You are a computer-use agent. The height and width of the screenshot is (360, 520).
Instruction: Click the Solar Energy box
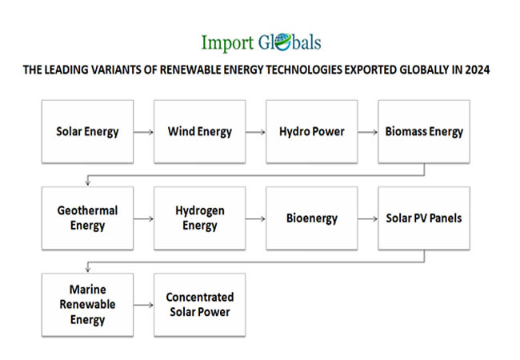click(x=87, y=132)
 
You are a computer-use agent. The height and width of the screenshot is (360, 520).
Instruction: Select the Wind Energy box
click(x=200, y=132)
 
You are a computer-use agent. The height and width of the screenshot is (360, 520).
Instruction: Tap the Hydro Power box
click(x=312, y=132)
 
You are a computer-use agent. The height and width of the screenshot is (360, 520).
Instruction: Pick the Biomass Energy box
click(x=424, y=132)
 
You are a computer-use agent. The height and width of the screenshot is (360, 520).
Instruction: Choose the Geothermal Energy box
click(x=87, y=218)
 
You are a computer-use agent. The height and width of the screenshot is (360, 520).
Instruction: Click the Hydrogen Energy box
click(x=200, y=218)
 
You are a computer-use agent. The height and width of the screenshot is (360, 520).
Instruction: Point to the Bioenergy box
click(x=312, y=218)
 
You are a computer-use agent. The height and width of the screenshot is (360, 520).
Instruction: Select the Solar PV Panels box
click(x=424, y=218)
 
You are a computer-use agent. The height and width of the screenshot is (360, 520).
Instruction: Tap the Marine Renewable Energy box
click(x=87, y=305)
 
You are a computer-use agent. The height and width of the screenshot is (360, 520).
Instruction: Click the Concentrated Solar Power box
click(x=200, y=305)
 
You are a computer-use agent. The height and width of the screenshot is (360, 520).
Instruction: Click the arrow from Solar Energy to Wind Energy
click(x=143, y=132)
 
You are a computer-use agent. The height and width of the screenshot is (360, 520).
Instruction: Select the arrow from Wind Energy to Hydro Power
click(x=256, y=132)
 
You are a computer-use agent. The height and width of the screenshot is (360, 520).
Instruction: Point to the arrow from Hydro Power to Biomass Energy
click(x=368, y=132)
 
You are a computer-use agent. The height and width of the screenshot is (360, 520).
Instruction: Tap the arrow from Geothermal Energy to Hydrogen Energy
click(x=143, y=218)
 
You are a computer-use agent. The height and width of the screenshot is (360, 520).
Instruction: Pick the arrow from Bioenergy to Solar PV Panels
click(x=368, y=218)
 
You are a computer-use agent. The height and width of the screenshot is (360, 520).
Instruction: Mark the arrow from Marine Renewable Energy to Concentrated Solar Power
click(x=143, y=305)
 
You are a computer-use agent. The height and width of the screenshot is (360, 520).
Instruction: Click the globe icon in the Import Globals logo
click(x=283, y=42)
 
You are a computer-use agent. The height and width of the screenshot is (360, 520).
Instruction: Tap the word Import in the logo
click(x=227, y=43)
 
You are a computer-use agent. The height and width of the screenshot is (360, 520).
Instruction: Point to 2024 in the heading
click(x=478, y=70)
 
